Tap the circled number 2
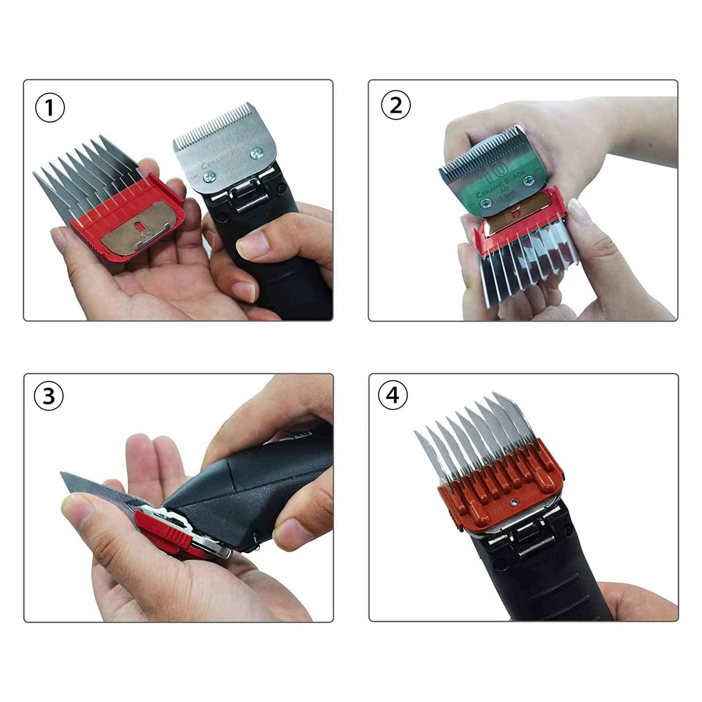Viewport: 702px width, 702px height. (396, 105)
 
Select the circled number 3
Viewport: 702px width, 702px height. (49, 396)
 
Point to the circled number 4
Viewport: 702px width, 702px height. (393, 395)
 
